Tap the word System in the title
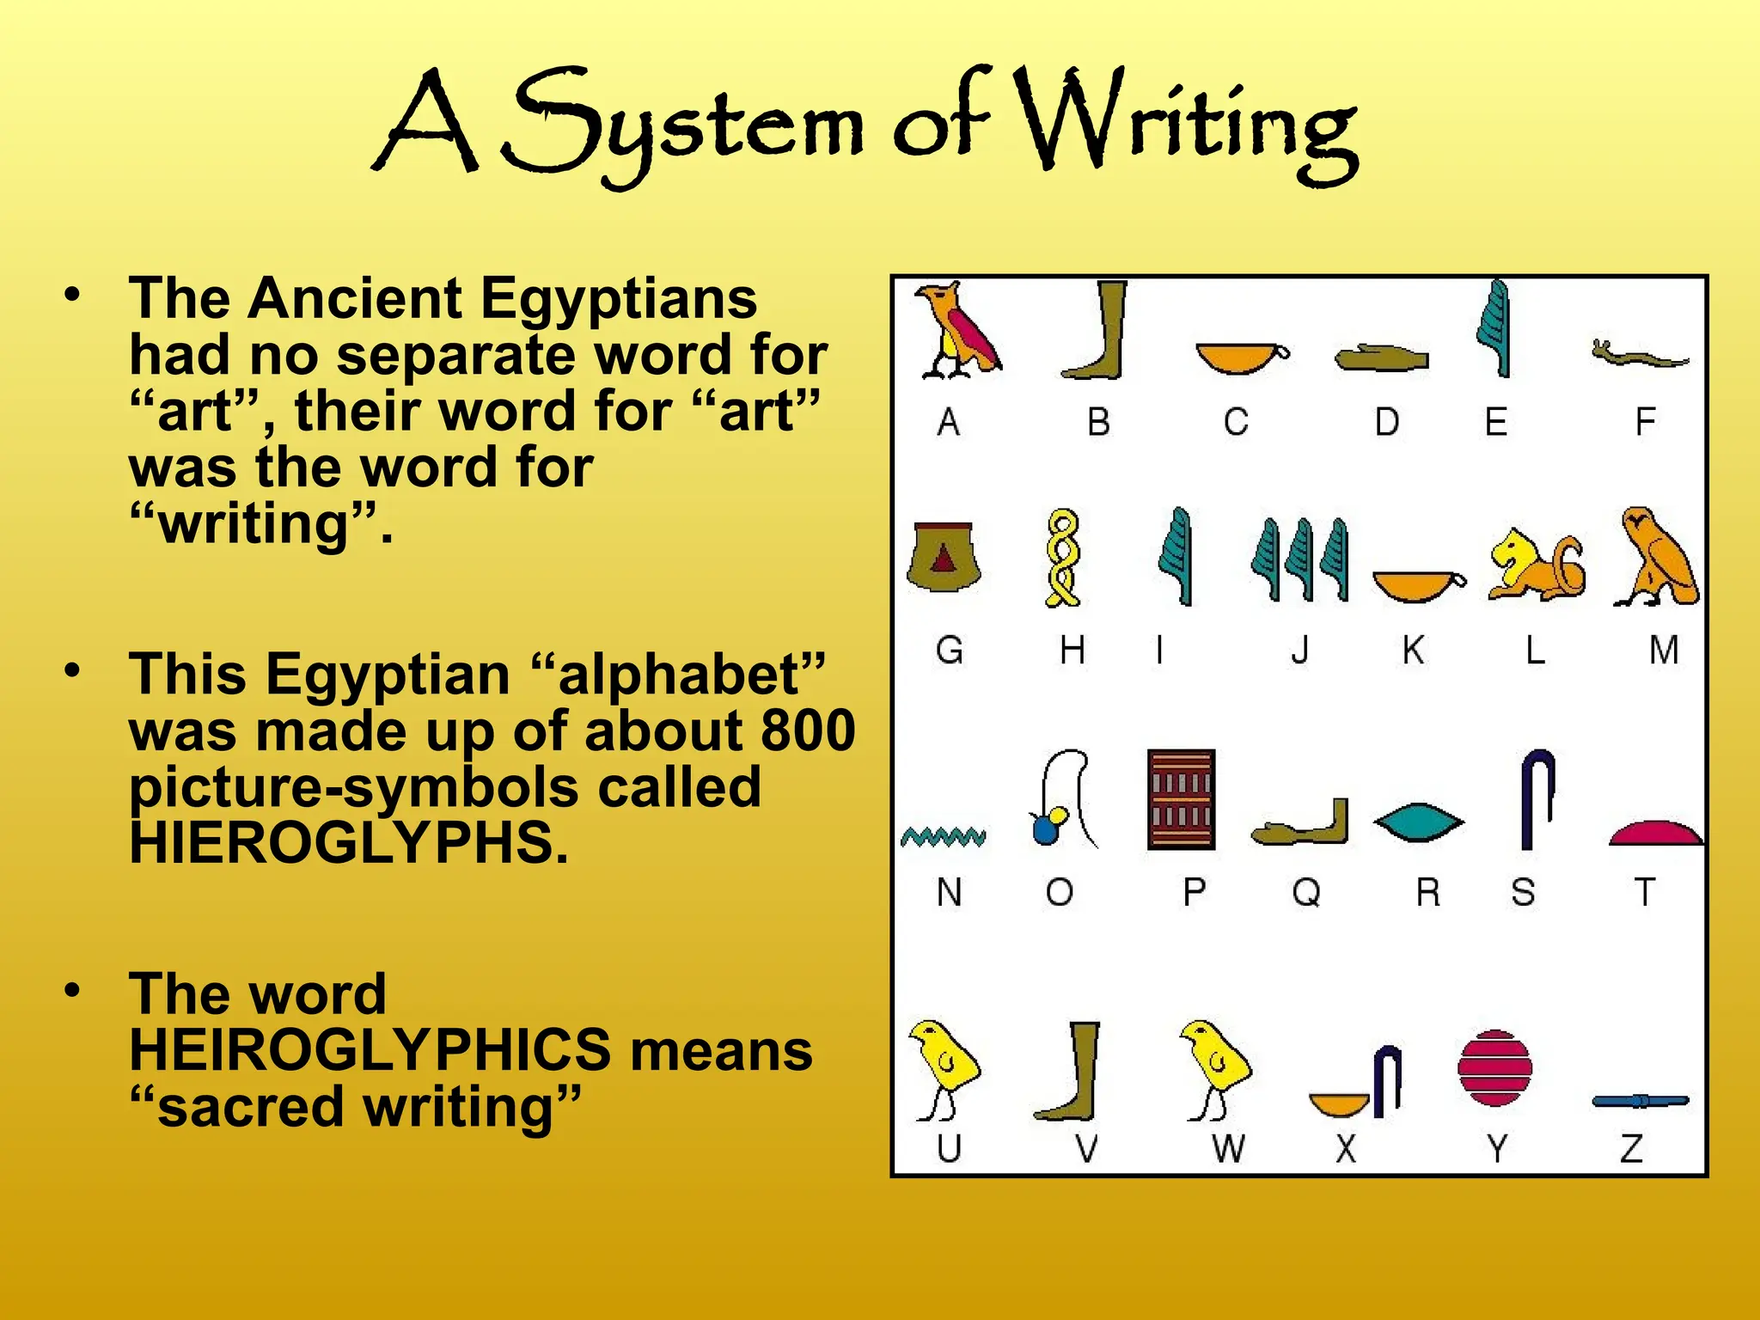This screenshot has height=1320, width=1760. pos(683,125)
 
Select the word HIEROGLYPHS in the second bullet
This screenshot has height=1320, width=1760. pos(349,843)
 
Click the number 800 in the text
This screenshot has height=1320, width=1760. pos(808,730)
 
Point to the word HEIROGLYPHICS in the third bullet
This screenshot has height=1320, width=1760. pos(370,1049)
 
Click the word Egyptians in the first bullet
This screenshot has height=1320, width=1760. pos(618,298)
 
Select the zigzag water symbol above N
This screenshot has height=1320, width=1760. pos(944,836)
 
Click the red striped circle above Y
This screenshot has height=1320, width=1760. pos(1495,1067)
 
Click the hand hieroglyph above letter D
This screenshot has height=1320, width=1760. pos(1381,357)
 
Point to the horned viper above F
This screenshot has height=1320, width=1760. pos(1639,354)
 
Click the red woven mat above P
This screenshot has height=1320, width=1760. pos(1182,799)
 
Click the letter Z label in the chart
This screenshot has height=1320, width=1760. pos(1632,1148)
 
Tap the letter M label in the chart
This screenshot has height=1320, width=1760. pos(1664,650)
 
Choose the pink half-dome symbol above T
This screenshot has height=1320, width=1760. pos(1655,833)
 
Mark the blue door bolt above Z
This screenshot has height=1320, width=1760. pos(1640,1101)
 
